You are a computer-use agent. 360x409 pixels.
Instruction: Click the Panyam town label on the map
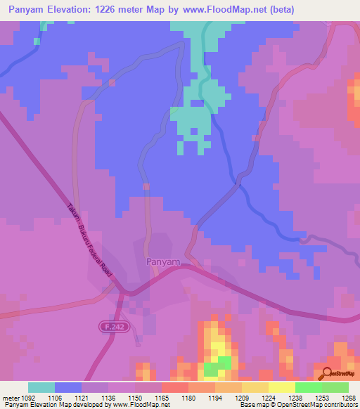pos(163,261)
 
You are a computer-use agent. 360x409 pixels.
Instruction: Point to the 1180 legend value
pos(188,397)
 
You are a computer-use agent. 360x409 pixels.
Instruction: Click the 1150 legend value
pos(135,397)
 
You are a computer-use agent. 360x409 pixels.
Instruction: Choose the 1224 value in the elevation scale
pos(269,397)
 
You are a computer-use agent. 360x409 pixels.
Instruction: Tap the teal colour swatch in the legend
pos(41,387)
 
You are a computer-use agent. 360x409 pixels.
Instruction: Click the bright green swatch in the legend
pos(308,387)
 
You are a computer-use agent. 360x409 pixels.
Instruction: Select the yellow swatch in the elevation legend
pos(281,387)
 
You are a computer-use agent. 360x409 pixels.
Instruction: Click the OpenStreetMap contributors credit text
pos(316,405)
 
